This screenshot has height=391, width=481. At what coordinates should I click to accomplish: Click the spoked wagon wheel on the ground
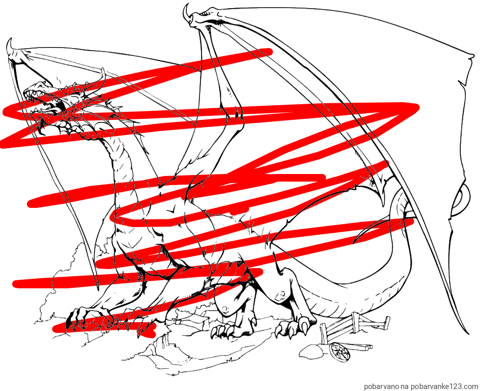click(x=340, y=353)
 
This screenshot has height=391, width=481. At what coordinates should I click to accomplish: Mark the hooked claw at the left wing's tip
click(x=10, y=48)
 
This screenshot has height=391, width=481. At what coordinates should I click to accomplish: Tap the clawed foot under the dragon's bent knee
click(x=231, y=328)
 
